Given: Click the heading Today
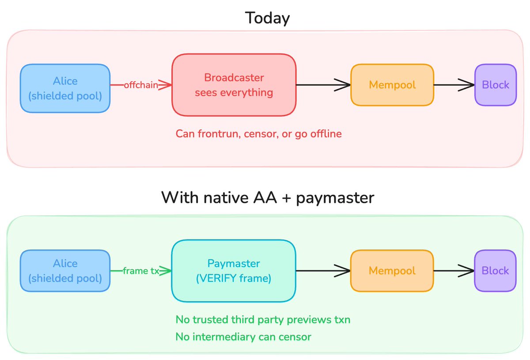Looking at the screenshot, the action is [267, 18].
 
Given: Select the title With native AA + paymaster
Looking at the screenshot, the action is [268, 197].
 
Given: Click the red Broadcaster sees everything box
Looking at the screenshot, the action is [234, 85].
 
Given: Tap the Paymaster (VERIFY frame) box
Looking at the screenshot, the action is [234, 271].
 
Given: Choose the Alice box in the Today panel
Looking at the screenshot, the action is [65, 88].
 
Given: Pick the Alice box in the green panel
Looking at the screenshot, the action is [65, 271].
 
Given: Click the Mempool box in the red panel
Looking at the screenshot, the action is [392, 85].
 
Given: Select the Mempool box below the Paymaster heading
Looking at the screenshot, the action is [392, 271].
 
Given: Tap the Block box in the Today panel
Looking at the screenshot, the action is [496, 85].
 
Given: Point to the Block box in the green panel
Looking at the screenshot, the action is [496, 271].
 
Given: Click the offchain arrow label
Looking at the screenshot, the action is [141, 85].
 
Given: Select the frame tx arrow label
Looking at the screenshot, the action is [141, 271].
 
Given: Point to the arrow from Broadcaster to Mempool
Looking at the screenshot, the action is [323, 85].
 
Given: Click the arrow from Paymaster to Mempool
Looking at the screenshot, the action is [323, 271].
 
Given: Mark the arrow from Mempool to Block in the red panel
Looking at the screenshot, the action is [454, 85].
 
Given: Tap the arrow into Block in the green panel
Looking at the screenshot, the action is [454, 271].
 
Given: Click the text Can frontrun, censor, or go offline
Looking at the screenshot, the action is [259, 134].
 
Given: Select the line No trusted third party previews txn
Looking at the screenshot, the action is [263, 320].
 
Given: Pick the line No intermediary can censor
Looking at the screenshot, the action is [243, 337].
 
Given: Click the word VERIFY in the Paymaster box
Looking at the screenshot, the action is [218, 278].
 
